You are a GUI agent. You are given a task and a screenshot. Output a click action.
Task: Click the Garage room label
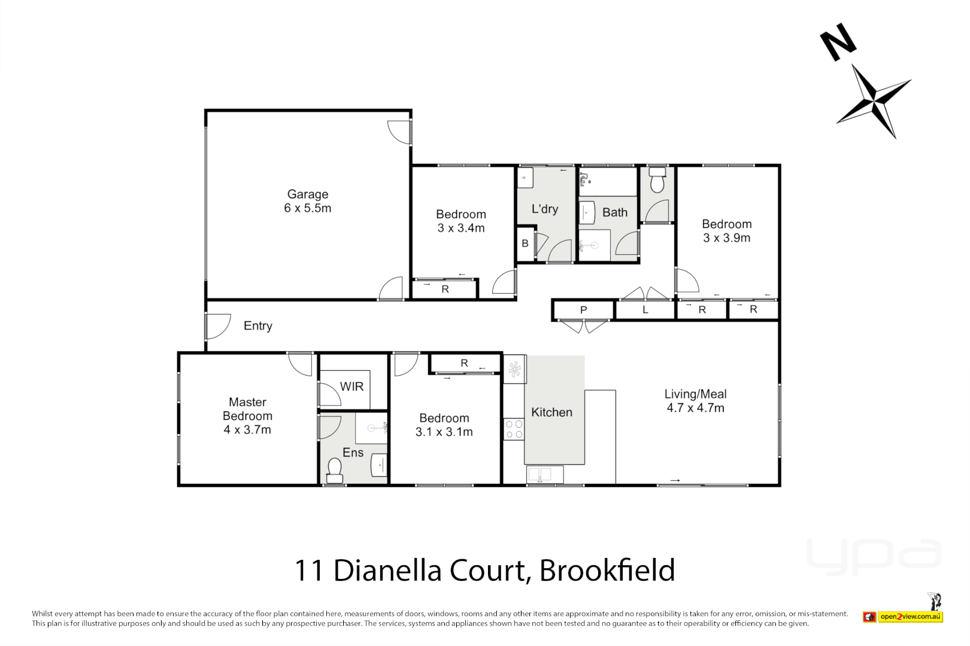[x=307, y=194]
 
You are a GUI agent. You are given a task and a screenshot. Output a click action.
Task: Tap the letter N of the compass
[x=838, y=41]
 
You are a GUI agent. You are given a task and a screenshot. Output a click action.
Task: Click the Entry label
[x=257, y=326]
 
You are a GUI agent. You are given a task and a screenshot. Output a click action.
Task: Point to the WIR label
[x=351, y=387]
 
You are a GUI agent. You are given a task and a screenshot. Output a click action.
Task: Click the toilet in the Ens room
[x=335, y=470]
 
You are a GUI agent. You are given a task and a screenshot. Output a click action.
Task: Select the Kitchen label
[x=551, y=413]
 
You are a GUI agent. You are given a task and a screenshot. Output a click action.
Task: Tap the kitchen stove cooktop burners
[x=514, y=429]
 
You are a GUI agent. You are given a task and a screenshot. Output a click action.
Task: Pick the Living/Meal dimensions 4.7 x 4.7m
[x=695, y=409]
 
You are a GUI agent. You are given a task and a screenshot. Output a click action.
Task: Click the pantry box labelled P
[x=583, y=310]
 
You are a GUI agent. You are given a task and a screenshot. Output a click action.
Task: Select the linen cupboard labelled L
[x=645, y=310]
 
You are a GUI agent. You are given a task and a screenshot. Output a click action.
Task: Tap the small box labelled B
[x=525, y=243]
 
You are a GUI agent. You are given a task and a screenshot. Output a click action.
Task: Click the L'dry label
[x=545, y=209]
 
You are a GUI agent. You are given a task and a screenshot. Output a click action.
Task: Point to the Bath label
[x=615, y=213]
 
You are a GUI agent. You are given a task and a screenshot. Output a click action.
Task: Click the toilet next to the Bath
[x=657, y=180]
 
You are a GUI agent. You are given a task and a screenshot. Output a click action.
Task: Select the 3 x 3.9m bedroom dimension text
[x=726, y=238]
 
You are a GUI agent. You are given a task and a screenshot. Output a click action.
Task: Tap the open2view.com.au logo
[x=910, y=617]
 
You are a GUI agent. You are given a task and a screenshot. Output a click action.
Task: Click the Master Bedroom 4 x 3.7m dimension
[x=247, y=430]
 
